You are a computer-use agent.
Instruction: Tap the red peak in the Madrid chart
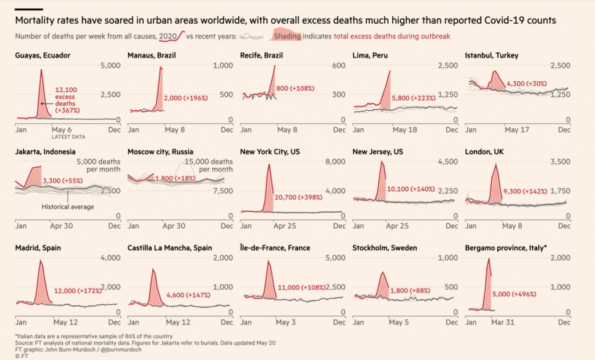(40, 261)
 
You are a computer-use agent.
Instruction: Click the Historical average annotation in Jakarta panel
(67, 206)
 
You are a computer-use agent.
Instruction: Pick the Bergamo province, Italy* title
(506, 248)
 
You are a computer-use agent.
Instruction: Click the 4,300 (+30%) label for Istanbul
(527, 84)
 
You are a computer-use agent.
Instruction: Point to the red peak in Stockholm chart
(382, 272)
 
